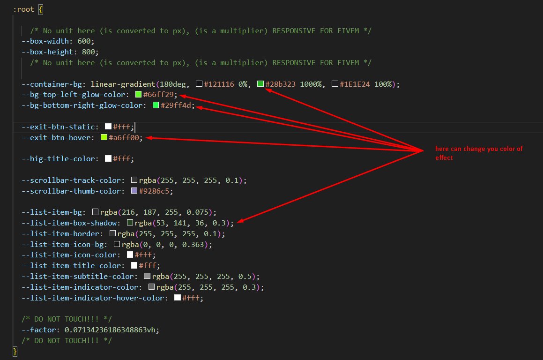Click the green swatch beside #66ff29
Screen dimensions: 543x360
pos(139,95)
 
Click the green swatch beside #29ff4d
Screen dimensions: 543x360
pos(156,105)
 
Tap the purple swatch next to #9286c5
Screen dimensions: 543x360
pos(134,191)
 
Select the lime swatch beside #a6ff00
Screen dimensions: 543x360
pos(104,137)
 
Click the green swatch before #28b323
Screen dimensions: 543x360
pos(260,84)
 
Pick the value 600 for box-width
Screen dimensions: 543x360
pos(84,41)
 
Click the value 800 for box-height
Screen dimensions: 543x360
pos(88,52)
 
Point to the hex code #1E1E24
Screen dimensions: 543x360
pos(355,84)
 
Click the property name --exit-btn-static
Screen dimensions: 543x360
pos(60,127)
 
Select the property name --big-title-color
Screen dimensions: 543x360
pos(60,159)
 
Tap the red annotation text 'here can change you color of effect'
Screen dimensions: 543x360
pos(479,153)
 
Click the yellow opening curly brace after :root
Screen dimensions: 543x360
pos(41,9)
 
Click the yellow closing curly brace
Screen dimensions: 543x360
pos(15,352)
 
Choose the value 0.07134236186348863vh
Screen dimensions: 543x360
pos(110,330)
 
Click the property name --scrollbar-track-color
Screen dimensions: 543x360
pos(73,180)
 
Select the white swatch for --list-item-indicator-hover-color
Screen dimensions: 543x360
pos(178,298)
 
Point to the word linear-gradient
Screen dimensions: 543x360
pos(123,84)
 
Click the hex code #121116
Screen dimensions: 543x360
pos(219,84)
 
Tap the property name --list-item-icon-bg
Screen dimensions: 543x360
pos(64,244)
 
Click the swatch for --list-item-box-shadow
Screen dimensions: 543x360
pos(130,223)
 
